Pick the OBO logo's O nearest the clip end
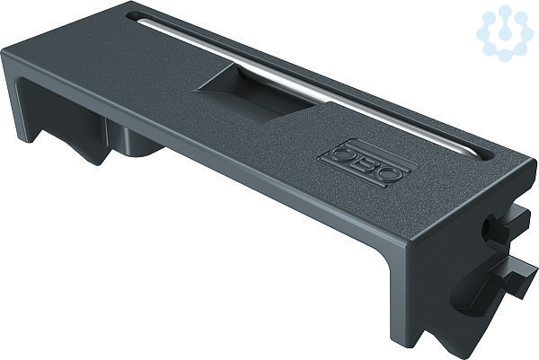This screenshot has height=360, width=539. pyautogui.click(x=389, y=172)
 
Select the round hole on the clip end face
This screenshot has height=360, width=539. pyautogui.click(x=488, y=226)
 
